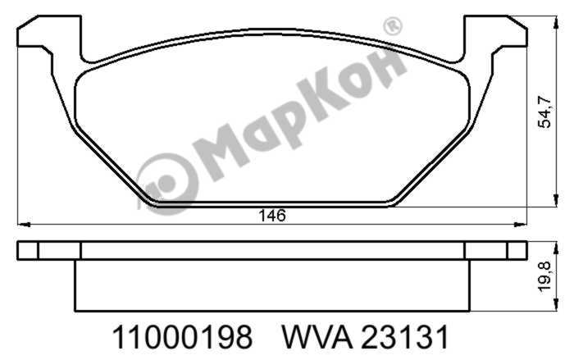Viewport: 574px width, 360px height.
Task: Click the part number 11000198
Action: click(182, 337)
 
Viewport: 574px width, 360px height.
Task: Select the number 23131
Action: click(407, 337)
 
